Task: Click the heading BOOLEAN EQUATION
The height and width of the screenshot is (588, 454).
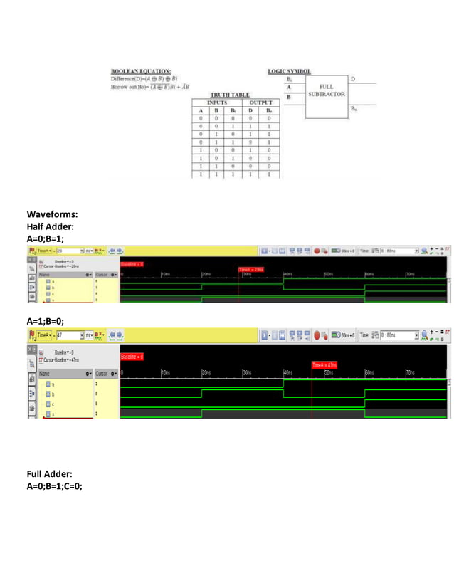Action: point(140,71)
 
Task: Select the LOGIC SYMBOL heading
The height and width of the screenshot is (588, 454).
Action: point(289,71)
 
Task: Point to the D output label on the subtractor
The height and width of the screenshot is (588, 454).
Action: point(354,78)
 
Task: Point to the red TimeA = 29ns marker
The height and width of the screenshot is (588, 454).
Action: point(251,270)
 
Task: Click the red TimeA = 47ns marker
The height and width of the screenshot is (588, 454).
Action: point(324,365)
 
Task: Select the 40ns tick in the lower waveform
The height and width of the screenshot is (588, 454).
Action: point(287,372)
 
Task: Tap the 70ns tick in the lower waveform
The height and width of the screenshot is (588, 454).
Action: point(410,372)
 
